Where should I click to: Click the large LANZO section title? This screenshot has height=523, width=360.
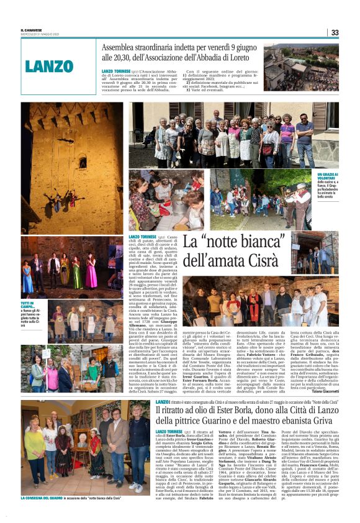pyautogui.click(x=50, y=65)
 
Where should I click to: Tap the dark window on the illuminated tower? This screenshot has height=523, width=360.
pyautogui.click(x=82, y=162)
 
